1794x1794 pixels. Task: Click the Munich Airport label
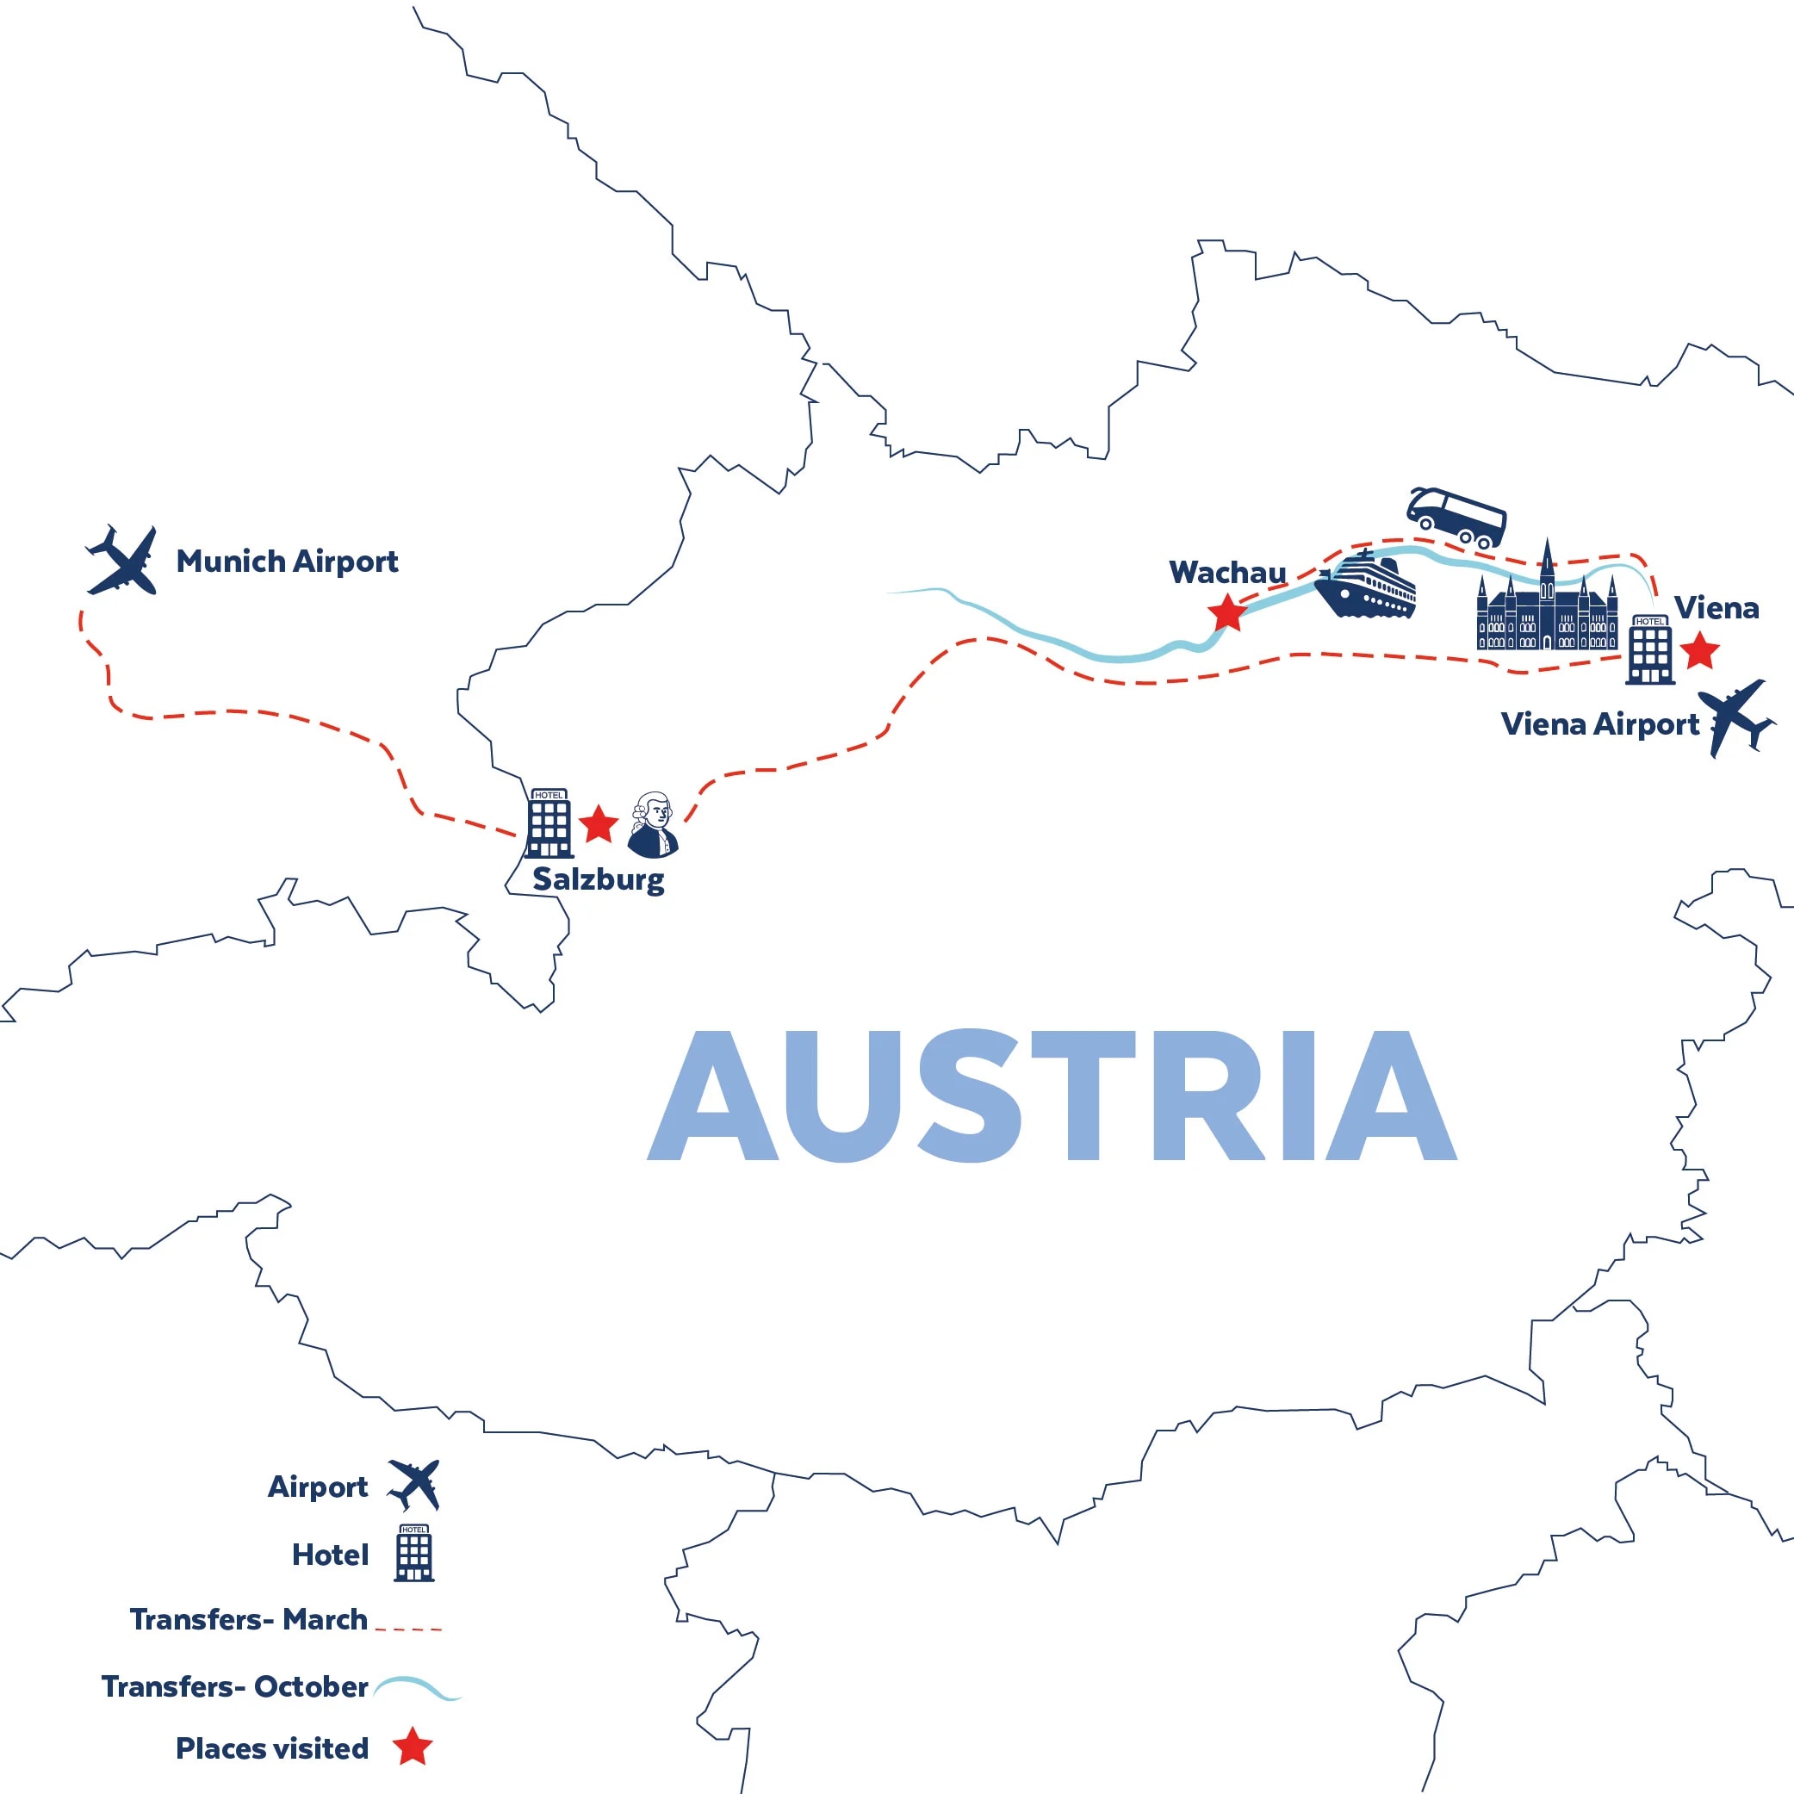point(287,562)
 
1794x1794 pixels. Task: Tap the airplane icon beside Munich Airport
point(122,562)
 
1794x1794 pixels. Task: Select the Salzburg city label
point(598,879)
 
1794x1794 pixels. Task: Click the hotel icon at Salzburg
point(549,823)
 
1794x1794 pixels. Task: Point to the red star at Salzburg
point(599,823)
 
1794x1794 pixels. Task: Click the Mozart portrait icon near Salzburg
point(654,824)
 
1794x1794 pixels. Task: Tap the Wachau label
point(1226,573)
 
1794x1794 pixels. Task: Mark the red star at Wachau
point(1226,613)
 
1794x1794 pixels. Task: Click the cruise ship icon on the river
point(1365,584)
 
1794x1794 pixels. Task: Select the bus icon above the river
point(1455,518)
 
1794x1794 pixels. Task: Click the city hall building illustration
point(1547,605)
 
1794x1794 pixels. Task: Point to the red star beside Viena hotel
point(1700,651)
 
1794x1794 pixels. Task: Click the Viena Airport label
point(1599,725)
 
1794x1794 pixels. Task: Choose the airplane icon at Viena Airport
point(1735,717)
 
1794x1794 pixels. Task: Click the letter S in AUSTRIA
point(970,1095)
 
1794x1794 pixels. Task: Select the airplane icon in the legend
point(414,1486)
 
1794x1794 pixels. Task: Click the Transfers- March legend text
point(248,1619)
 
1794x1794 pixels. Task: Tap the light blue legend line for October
point(417,1687)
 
